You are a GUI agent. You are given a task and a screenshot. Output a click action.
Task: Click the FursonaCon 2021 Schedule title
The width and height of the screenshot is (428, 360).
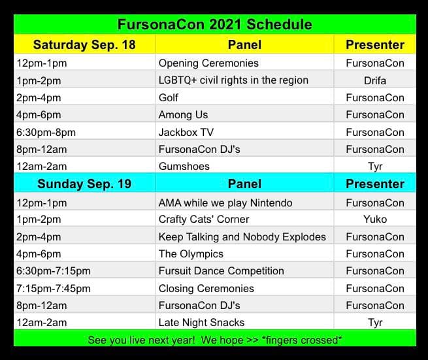point(215,25)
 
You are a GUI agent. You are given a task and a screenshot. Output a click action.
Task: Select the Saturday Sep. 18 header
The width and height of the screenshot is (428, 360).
point(84,45)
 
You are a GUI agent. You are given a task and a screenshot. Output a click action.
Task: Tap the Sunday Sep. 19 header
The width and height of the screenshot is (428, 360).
point(84,184)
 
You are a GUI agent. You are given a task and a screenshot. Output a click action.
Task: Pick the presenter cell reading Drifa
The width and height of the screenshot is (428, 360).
point(375,81)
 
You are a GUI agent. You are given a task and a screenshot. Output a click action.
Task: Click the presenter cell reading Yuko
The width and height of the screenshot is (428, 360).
point(375,220)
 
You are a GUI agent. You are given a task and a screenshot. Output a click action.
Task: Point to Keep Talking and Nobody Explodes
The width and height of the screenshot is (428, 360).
point(242,237)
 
